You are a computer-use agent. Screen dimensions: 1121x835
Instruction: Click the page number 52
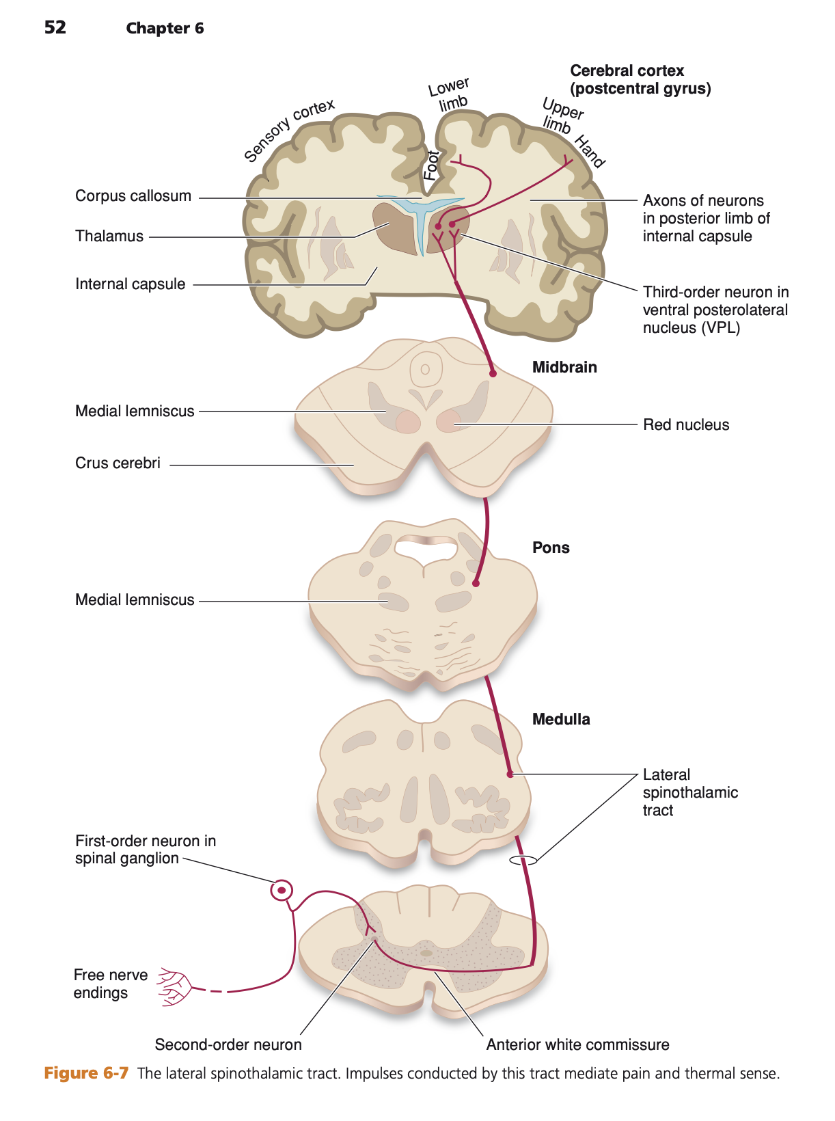[55, 27]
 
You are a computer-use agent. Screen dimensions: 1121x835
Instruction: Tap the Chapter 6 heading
[165, 28]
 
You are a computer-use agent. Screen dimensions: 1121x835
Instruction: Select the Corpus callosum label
[133, 196]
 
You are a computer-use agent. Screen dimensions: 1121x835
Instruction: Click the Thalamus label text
[109, 237]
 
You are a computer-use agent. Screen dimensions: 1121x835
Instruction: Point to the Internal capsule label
[130, 284]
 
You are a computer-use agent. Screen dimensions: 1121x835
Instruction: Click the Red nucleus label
[686, 425]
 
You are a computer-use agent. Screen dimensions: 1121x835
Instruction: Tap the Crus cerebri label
[118, 463]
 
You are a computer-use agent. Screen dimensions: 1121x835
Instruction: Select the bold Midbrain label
[564, 368]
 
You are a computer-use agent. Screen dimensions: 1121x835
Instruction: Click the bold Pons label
[551, 548]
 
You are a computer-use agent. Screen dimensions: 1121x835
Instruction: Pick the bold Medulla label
[561, 720]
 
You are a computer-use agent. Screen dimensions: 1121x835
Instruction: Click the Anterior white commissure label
[577, 1045]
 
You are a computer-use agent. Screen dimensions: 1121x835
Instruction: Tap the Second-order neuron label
[228, 1045]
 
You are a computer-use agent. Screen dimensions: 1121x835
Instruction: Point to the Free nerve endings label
[110, 984]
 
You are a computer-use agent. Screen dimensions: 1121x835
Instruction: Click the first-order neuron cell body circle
[281, 891]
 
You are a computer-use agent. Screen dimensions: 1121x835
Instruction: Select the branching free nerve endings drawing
[174, 987]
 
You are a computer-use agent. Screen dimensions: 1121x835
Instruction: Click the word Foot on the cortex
[431, 165]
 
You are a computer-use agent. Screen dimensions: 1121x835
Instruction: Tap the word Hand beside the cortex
[589, 152]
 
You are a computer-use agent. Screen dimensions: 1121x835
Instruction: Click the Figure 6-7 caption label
[86, 1073]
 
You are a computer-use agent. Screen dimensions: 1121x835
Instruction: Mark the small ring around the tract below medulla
[523, 861]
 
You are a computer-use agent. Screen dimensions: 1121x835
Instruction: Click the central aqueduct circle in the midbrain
[425, 370]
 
